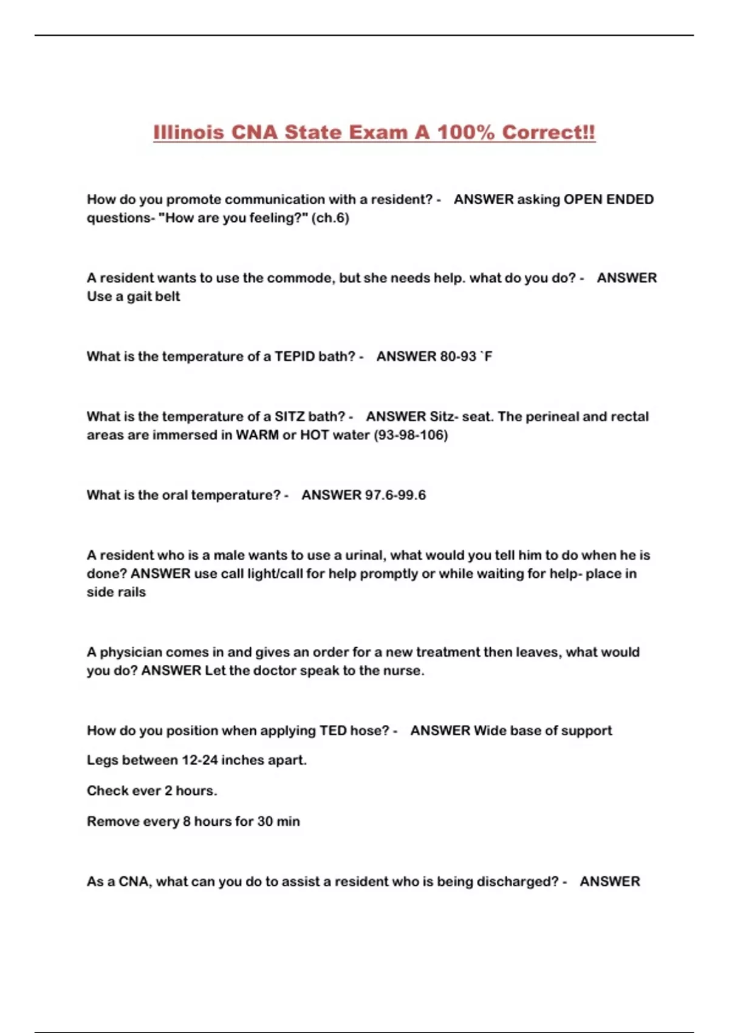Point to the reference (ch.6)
click(330, 218)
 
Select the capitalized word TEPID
click(295, 356)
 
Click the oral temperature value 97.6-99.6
click(395, 495)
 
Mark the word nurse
click(404, 671)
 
